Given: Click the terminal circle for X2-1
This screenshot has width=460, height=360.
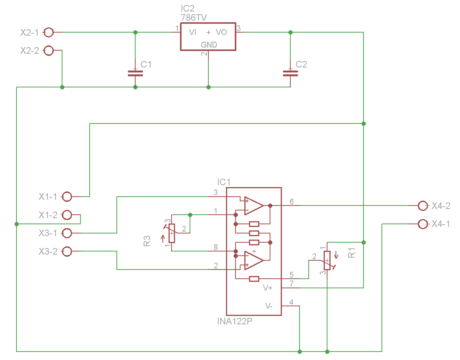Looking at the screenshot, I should pyautogui.click(x=49, y=33).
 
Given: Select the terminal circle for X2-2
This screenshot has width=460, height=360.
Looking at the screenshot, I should pyautogui.click(x=49, y=51).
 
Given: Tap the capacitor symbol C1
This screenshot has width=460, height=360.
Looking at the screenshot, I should pyautogui.click(x=135, y=73).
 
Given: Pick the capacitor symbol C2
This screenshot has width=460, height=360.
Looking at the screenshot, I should pyautogui.click(x=290, y=73).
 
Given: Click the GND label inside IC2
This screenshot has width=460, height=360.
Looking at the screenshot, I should pyautogui.click(x=209, y=45).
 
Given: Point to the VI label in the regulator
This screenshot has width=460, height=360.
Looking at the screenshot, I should pyautogui.click(x=193, y=33).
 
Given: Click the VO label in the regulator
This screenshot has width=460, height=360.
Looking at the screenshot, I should pyautogui.click(x=221, y=33).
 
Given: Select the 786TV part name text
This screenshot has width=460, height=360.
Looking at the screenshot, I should pyautogui.click(x=194, y=18).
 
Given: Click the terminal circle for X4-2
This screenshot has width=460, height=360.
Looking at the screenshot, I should pyautogui.click(x=423, y=206).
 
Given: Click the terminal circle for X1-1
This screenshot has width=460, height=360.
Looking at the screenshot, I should pyautogui.click(x=67, y=197).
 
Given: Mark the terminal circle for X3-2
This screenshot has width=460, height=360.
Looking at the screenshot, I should pyautogui.click(x=67, y=252).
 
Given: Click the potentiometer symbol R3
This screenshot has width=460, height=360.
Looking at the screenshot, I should pyautogui.click(x=172, y=233).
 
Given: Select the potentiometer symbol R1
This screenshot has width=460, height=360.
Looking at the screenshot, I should pyautogui.click(x=327, y=261).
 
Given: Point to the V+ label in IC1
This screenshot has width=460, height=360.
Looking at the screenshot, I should pyautogui.click(x=268, y=288).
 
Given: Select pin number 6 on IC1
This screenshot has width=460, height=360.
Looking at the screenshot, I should pyautogui.click(x=291, y=202).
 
